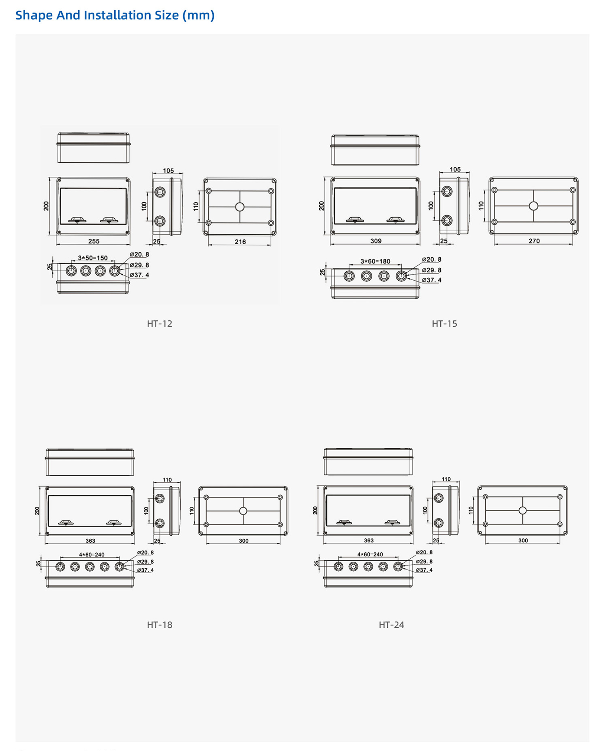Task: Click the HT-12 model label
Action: [159, 324]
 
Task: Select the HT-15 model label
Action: [444, 324]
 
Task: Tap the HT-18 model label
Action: [159, 625]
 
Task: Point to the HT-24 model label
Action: [391, 625]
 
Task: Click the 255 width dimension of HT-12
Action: [94, 241]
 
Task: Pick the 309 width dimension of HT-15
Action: [376, 241]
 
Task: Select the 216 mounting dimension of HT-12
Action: [240, 242]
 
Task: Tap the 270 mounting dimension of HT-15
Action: [534, 241]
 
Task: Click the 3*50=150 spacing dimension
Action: [93, 258]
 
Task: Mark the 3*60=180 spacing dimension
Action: [375, 261]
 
